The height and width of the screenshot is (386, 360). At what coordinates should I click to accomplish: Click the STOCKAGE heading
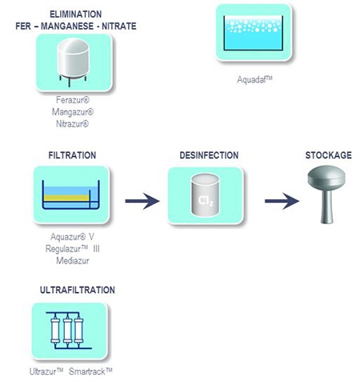pyautogui.click(x=328, y=155)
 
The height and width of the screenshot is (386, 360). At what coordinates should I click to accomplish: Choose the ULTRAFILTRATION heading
pyautogui.click(x=78, y=289)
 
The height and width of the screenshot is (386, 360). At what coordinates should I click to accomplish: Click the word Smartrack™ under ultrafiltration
pyautogui.click(x=94, y=372)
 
